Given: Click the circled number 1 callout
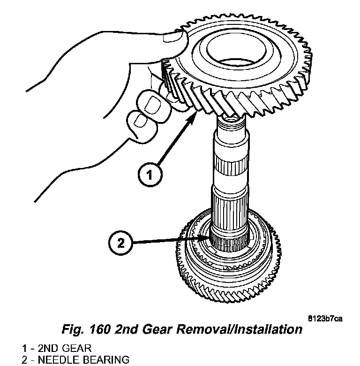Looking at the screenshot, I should click(x=149, y=175).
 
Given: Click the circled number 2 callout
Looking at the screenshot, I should click(x=121, y=243).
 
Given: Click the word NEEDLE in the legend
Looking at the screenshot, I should click(x=57, y=360).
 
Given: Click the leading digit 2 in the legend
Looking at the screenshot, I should click(x=24, y=360).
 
